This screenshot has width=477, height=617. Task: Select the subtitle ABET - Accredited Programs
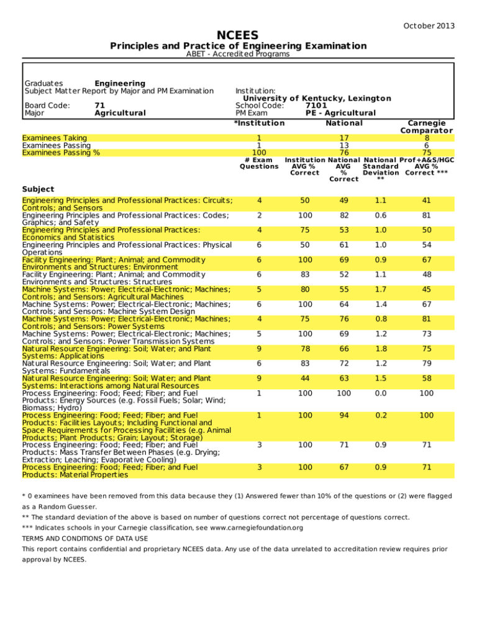[238, 54]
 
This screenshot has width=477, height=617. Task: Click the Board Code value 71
[99, 106]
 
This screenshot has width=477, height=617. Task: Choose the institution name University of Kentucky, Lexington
[317, 98]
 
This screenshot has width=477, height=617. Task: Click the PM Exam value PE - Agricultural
[340, 113]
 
